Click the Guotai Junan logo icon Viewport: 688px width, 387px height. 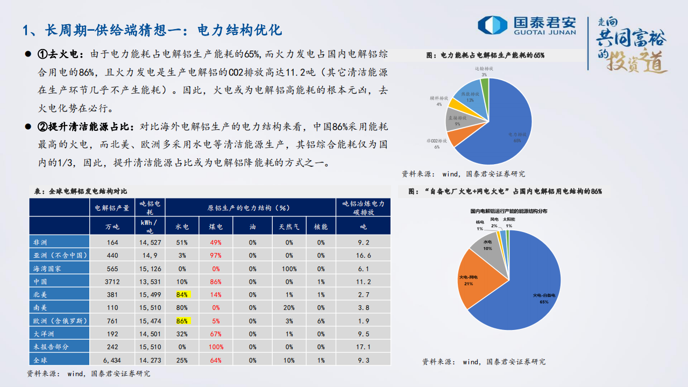click(492, 25)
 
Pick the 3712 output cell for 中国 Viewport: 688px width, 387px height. click(112, 282)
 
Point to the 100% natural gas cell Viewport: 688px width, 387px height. click(289, 269)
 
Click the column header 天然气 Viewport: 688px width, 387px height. click(289, 227)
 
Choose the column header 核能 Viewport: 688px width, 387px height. click(321, 227)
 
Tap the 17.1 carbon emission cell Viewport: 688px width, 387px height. click(364, 347)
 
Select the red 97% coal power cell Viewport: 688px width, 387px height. click(216, 256)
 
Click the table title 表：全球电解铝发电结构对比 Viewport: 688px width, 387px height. click(80, 191)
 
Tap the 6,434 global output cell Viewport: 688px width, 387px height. click(112, 360)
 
